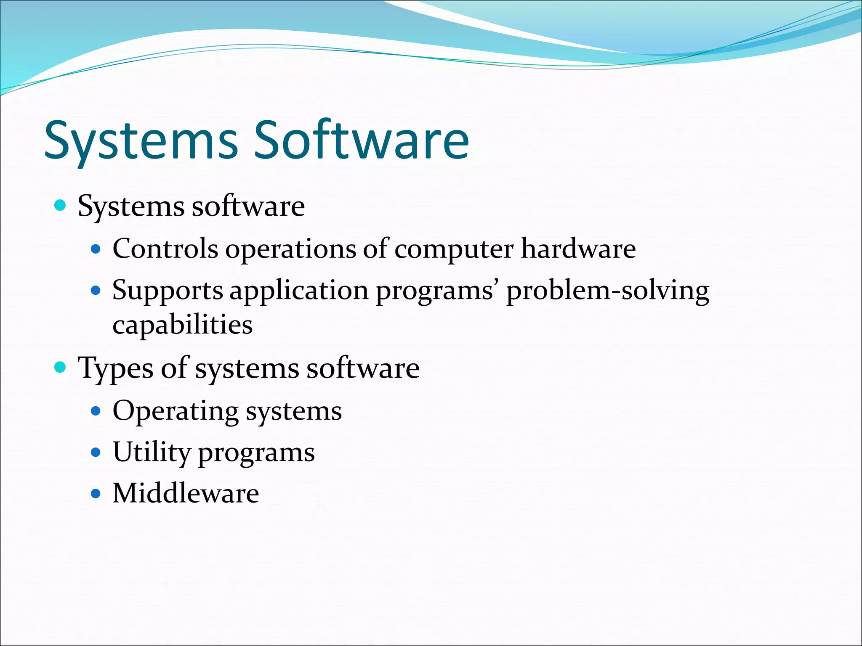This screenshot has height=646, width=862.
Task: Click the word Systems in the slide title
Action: (x=141, y=141)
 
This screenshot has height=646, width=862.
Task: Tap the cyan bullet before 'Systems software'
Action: (x=61, y=206)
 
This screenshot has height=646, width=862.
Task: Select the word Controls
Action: (x=165, y=249)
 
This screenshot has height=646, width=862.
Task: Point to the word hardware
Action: (x=578, y=249)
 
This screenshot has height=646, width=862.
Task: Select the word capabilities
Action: (x=182, y=325)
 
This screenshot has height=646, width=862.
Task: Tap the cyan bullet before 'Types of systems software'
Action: (x=61, y=368)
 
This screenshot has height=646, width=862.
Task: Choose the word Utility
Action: (x=152, y=453)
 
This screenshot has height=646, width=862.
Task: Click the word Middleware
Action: (x=186, y=493)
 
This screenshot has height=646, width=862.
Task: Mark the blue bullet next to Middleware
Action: (x=96, y=493)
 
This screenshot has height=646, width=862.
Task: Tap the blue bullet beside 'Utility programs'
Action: (x=96, y=453)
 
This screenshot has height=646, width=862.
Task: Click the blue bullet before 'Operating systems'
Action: (x=96, y=411)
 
